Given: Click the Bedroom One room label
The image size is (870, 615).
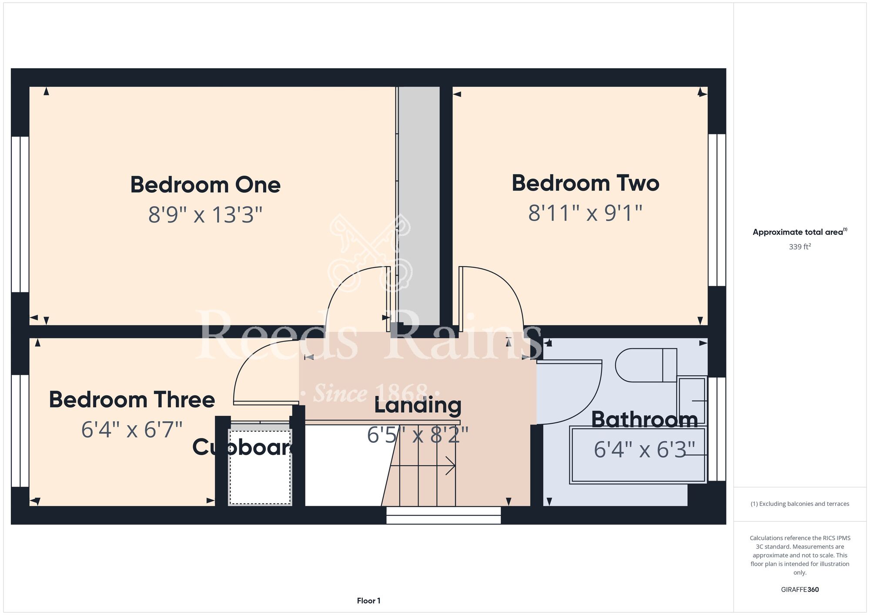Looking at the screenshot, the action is click(205, 185).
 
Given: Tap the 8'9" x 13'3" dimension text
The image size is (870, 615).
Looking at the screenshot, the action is click(205, 215).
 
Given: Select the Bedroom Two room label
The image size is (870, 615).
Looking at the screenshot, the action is click(586, 183).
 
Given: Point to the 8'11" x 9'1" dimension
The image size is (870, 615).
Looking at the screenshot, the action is click(586, 213).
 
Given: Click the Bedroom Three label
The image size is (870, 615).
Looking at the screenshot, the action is click(132, 400).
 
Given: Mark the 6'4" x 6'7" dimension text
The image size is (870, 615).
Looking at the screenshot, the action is click(132, 430).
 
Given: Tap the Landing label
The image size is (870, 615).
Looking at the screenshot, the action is click(418, 405).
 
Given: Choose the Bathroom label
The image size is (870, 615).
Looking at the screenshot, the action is click(645, 420).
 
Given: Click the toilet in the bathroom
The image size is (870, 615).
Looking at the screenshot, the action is click(646, 365).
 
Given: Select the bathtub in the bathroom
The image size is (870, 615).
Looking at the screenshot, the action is click(638, 455).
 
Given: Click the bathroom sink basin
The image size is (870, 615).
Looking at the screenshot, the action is click(692, 401).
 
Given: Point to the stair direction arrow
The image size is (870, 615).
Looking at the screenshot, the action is click(422, 466).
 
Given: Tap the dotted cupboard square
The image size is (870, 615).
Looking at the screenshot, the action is click(260, 467).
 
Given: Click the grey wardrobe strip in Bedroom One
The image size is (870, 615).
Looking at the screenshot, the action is click(419, 206).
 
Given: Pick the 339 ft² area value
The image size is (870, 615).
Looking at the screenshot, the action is click(800, 247).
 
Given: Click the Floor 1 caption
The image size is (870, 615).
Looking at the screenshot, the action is click(368, 601).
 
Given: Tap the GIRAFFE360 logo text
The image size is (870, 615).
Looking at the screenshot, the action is click(800, 590).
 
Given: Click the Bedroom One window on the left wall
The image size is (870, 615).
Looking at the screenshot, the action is click(20, 214).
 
